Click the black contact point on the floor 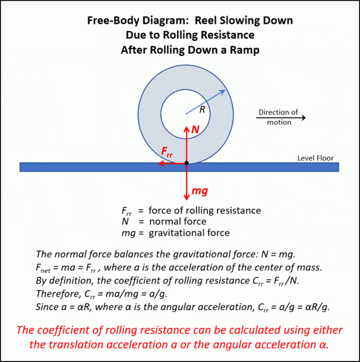(x=186, y=163)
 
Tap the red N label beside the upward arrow (x=195, y=130)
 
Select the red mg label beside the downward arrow (x=200, y=192)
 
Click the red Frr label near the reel (x=167, y=152)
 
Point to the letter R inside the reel (x=202, y=109)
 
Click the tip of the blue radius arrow (x=225, y=90)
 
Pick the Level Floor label (x=316, y=158)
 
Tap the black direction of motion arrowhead (x=303, y=118)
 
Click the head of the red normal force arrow (x=186, y=128)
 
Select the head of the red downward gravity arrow (x=186, y=198)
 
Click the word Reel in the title (x=205, y=20)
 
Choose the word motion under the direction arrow (x=279, y=122)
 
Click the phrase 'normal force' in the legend (x=178, y=221)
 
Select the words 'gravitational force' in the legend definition (x=189, y=233)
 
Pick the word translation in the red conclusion (x=77, y=344)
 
